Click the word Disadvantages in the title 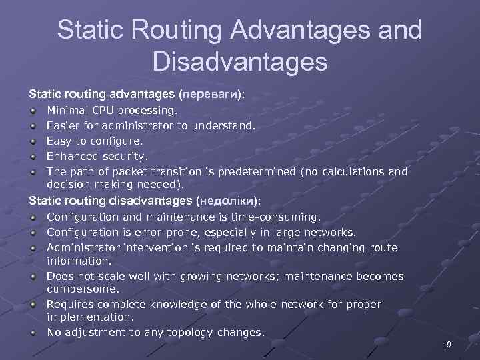pyautogui.click(x=240, y=62)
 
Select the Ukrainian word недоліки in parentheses pyautogui.click(x=227, y=201)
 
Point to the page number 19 pyautogui.click(x=447, y=344)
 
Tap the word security pyautogui.click(x=124, y=157)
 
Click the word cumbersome pyautogui.click(x=83, y=289)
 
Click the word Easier pyautogui.click(x=63, y=125)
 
